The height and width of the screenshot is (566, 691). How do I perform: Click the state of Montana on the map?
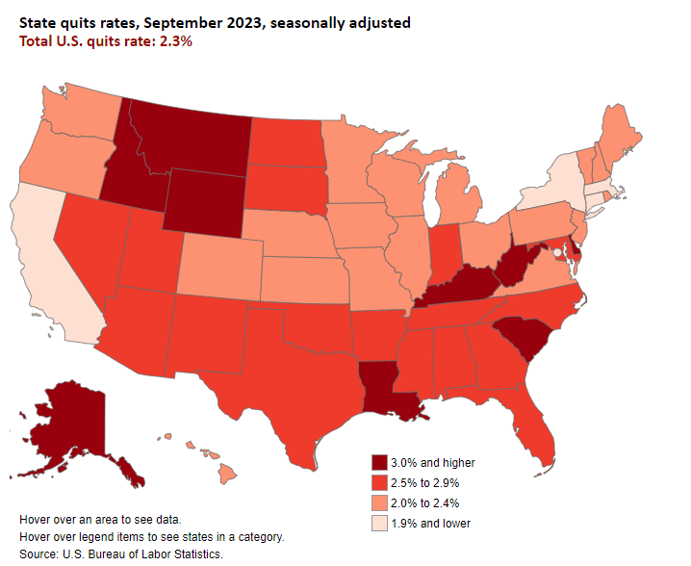click(x=192, y=135)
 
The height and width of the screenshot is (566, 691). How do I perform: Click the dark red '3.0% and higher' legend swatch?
click(x=381, y=462)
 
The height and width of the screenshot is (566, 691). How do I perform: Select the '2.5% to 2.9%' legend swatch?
click(x=381, y=482)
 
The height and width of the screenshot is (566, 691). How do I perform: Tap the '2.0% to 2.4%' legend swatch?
click(x=381, y=502)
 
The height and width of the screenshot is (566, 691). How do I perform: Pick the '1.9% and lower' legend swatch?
click(x=381, y=523)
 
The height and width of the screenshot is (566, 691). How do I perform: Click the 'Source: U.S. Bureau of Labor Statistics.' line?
click(x=121, y=554)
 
